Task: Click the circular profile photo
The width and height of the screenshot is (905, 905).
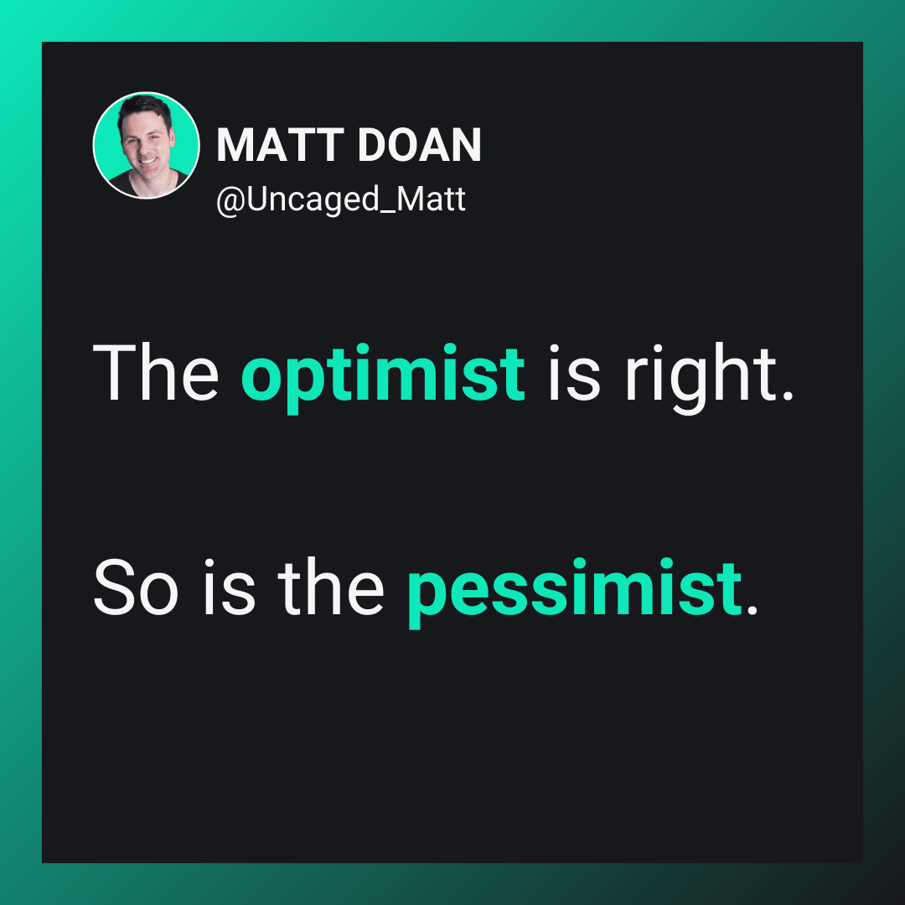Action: tap(146, 146)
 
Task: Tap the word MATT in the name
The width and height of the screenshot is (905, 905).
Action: tap(281, 145)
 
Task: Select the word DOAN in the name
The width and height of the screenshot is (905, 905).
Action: tap(419, 145)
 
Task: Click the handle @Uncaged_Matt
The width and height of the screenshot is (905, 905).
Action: tap(340, 199)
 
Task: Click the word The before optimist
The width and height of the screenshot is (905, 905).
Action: tap(156, 372)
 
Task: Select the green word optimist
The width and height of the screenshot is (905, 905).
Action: tap(383, 378)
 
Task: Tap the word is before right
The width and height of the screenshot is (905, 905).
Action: tap(574, 372)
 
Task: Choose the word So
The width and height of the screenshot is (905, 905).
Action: tap(137, 587)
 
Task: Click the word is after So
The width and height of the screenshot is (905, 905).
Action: tap(229, 587)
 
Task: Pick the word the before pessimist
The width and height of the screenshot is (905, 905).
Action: tap(331, 587)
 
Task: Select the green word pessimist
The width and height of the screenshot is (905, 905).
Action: tap(574, 592)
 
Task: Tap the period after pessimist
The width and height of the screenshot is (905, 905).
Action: tap(752, 609)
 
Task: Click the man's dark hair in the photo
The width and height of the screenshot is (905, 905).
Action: tap(144, 108)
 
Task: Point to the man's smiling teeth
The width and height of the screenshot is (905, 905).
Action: tap(147, 161)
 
